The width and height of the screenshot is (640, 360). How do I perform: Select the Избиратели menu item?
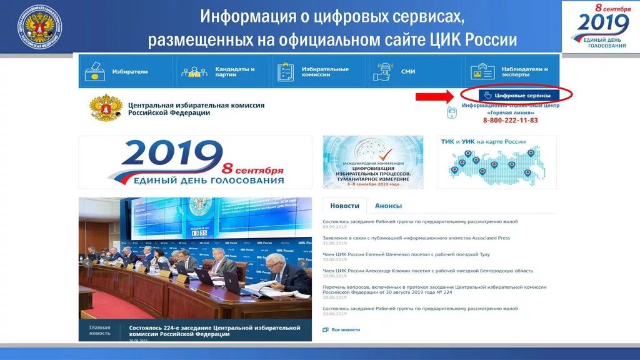pyautogui.click(x=129, y=71)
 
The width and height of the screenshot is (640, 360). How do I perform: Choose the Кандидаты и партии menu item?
pyautogui.click(x=234, y=71)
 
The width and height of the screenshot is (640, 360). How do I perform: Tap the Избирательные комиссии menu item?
pyautogui.click(x=324, y=71)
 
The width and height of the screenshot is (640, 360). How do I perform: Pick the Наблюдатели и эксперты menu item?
pyautogui.click(x=527, y=71)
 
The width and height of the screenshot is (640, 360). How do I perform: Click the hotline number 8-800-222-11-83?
pyautogui.click(x=510, y=120)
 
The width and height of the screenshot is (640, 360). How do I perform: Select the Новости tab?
pyautogui.click(x=344, y=206)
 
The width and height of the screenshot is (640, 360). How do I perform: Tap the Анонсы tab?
pyautogui.click(x=388, y=206)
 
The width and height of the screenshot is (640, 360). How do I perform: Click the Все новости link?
pyautogui.click(x=345, y=329)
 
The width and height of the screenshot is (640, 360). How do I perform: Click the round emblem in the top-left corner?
pyautogui.click(x=39, y=26)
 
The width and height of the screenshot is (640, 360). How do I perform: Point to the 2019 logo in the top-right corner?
pyautogui.click(x=600, y=26)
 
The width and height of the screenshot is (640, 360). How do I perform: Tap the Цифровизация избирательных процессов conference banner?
pyautogui.click(x=373, y=162)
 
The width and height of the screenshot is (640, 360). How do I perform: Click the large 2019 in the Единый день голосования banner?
pyautogui.click(x=174, y=157)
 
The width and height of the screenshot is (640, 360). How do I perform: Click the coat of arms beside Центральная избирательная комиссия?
pyautogui.click(x=106, y=107)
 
